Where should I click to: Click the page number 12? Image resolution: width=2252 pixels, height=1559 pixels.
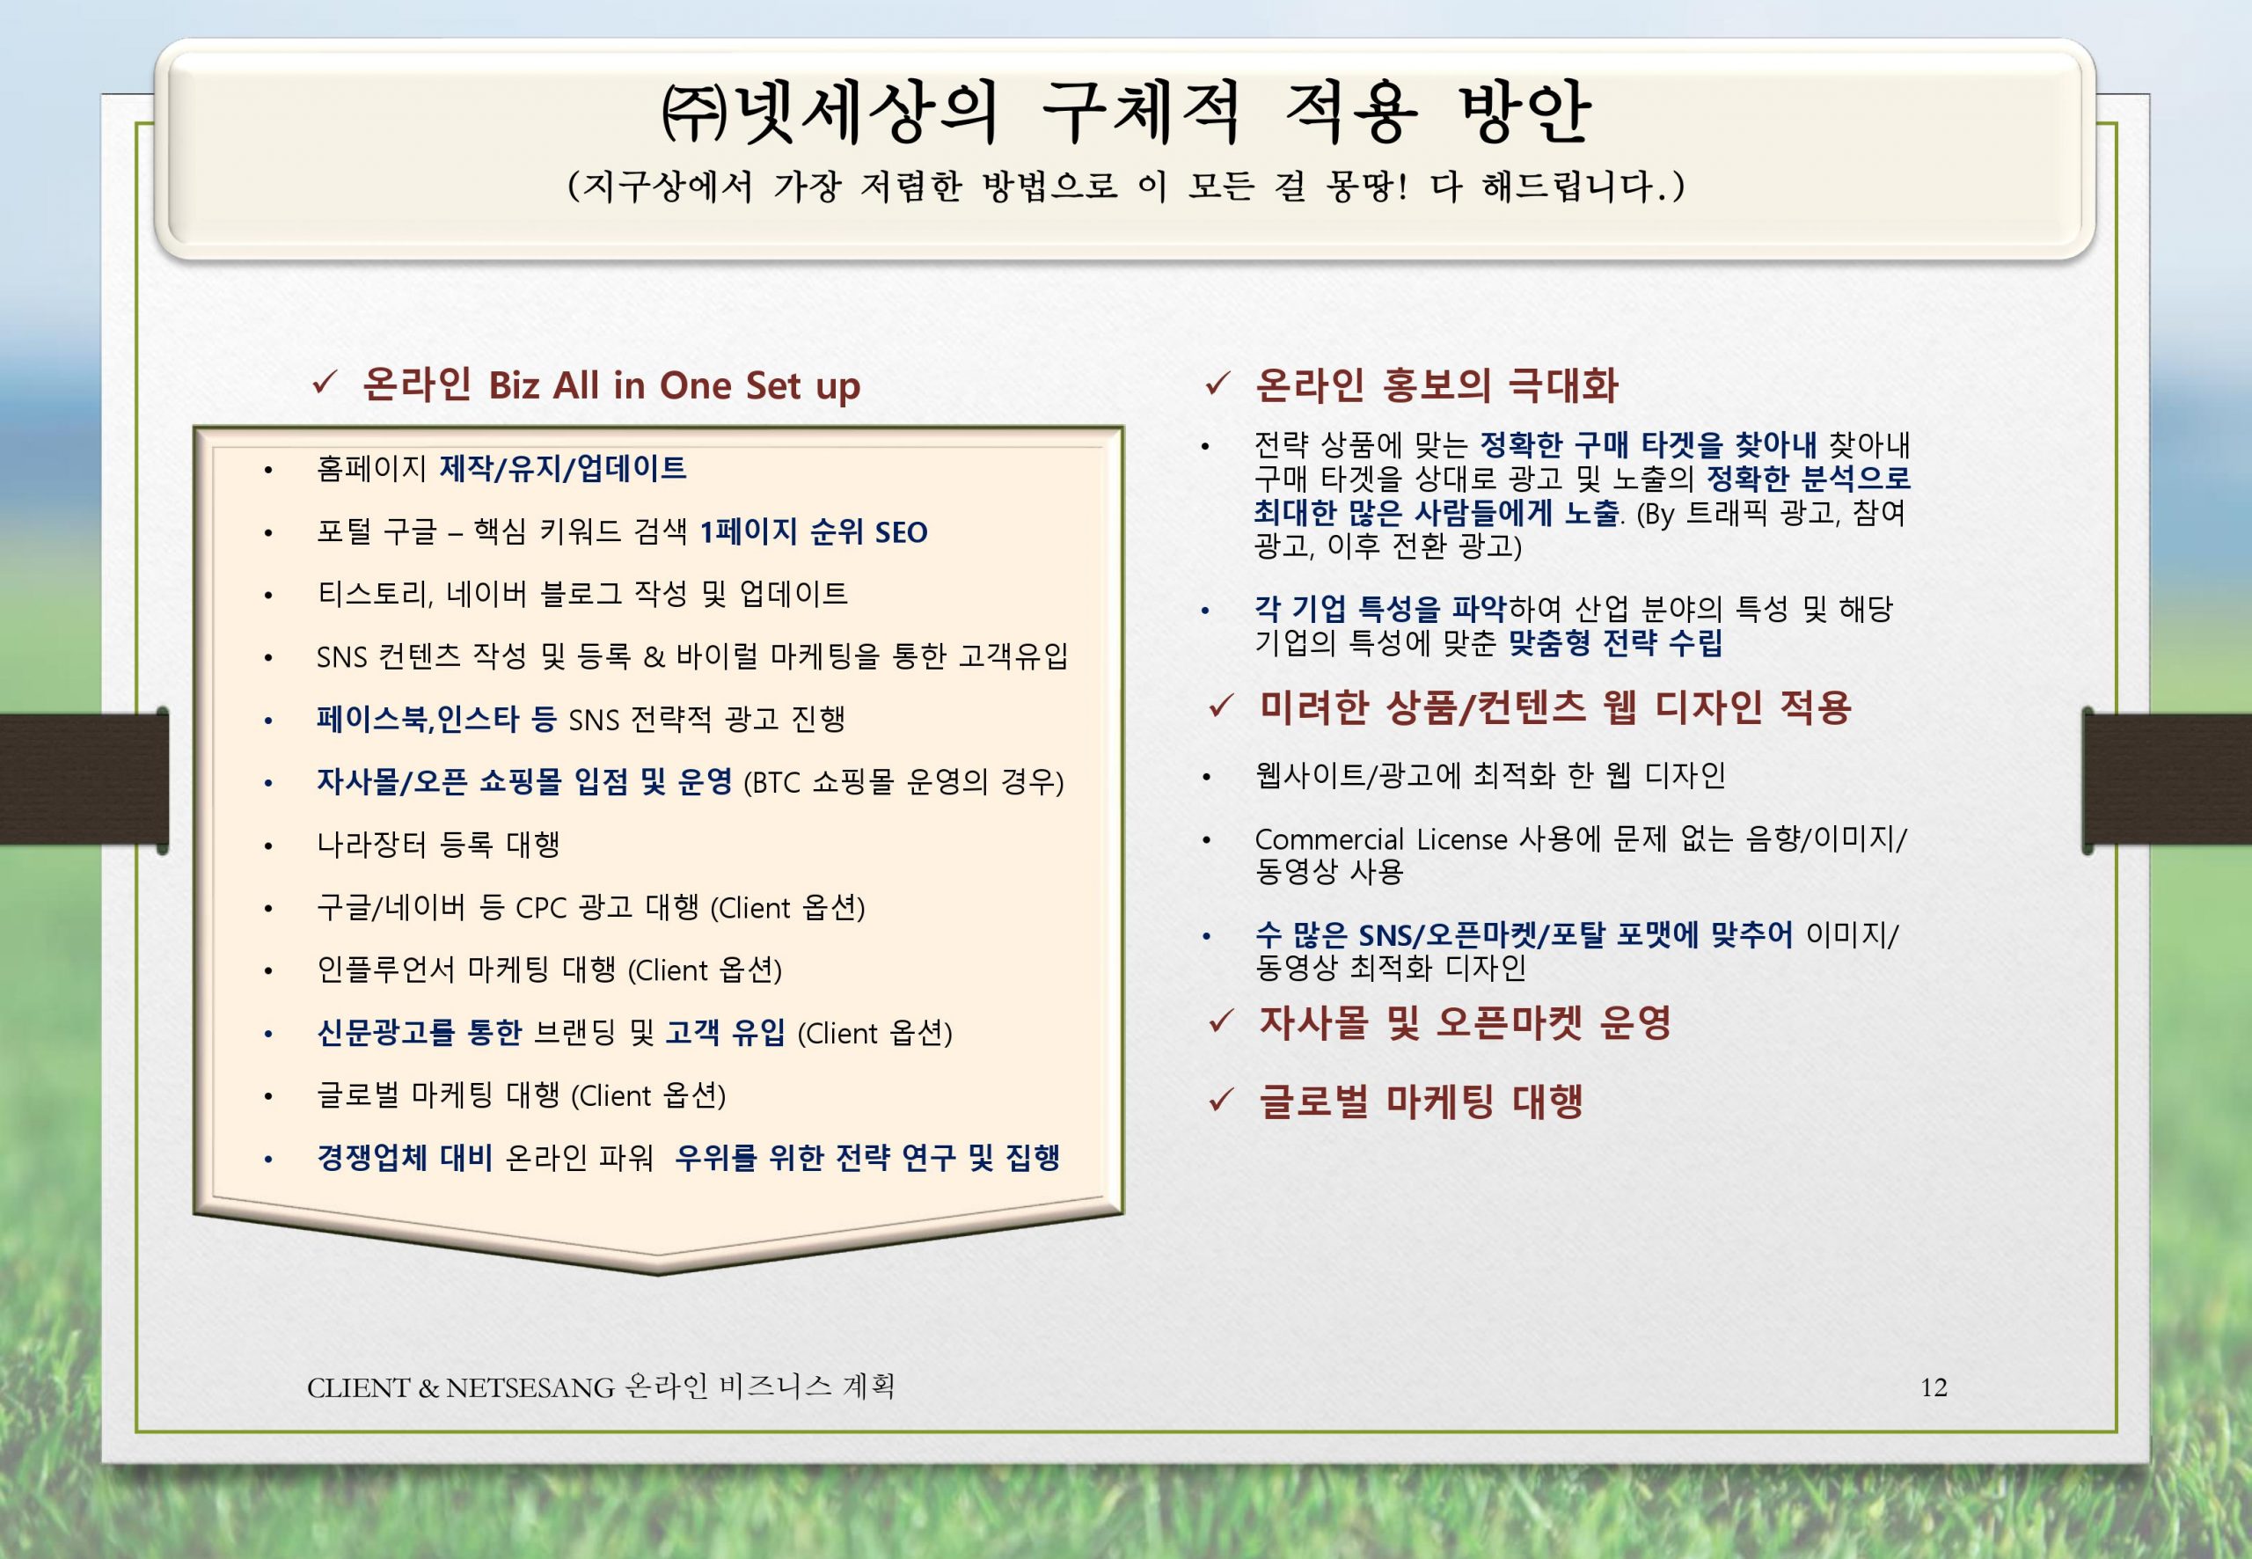pyautogui.click(x=1933, y=1388)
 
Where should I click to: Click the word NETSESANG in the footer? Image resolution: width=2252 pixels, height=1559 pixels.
pyautogui.click(x=530, y=1388)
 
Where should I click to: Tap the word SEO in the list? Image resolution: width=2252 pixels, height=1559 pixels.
pyautogui.click(x=901, y=532)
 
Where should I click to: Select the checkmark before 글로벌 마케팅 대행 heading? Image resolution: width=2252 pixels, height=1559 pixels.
pyautogui.click(x=1221, y=1101)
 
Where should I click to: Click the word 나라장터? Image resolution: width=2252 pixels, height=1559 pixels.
pyautogui.click(x=371, y=844)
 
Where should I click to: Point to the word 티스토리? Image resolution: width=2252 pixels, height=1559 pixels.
pyautogui.click(x=374, y=594)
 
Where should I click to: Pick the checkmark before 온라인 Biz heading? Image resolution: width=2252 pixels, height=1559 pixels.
pyautogui.click(x=325, y=384)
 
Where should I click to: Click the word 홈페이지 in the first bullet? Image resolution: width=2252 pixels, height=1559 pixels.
pyautogui.click(x=371, y=469)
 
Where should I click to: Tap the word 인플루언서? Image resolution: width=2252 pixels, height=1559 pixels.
pyautogui.click(x=386, y=970)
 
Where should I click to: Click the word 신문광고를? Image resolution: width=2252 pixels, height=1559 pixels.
pyautogui.click(x=386, y=1033)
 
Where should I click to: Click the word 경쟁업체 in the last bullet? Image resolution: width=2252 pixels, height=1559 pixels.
pyautogui.click(x=371, y=1158)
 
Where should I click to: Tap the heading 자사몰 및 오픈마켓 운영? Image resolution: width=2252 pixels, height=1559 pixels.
pyautogui.click(x=1465, y=1022)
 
